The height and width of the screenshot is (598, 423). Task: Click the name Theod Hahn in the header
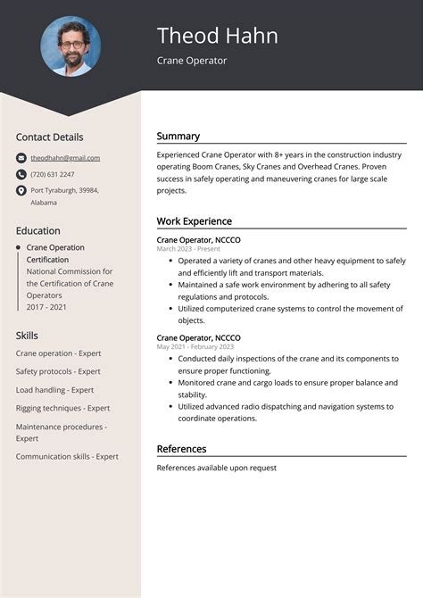click(217, 36)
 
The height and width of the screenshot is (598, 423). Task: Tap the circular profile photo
click(70, 46)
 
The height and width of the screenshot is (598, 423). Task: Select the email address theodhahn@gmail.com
click(65, 158)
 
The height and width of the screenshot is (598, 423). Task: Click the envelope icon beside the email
click(21, 158)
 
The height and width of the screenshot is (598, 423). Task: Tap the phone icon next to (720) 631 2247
click(21, 174)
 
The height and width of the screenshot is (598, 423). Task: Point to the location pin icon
click(21, 190)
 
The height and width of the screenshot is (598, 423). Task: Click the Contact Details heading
click(49, 137)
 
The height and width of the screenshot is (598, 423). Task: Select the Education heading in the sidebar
click(37, 230)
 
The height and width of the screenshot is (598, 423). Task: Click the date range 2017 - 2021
click(47, 306)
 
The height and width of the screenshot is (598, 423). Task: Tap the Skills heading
click(27, 336)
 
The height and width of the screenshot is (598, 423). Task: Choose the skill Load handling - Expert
click(54, 390)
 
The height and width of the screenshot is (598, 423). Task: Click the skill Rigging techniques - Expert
click(62, 408)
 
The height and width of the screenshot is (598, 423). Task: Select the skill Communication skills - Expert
click(67, 456)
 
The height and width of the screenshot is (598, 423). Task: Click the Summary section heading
click(178, 137)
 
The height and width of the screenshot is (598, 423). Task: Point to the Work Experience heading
click(194, 221)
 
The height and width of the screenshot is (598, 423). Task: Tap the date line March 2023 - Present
click(188, 249)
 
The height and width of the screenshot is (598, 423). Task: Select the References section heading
click(181, 449)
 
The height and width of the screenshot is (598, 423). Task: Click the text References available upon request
click(216, 468)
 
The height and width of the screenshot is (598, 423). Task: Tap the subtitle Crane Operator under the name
click(192, 61)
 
